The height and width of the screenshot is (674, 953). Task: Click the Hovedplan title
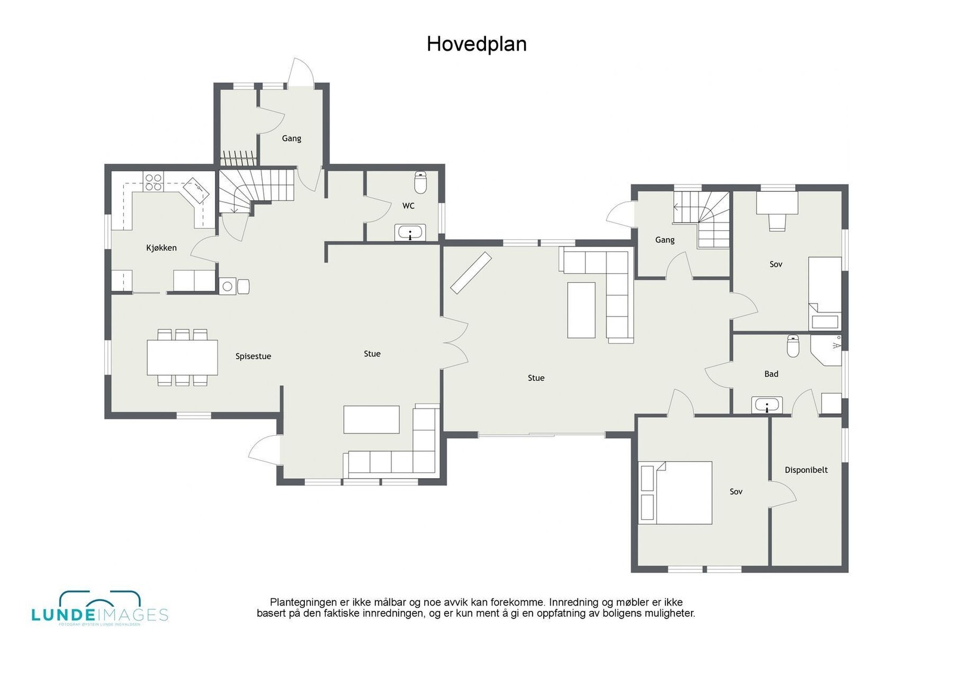(x=476, y=44)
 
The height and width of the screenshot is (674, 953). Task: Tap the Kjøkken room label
(x=161, y=248)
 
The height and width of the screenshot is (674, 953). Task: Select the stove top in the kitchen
(x=154, y=182)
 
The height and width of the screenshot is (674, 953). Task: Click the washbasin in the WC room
(x=410, y=233)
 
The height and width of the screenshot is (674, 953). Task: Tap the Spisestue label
(x=253, y=356)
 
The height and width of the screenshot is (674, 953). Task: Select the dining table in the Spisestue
(x=182, y=357)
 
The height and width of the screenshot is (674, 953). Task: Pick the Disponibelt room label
(x=806, y=470)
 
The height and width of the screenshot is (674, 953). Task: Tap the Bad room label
(x=771, y=374)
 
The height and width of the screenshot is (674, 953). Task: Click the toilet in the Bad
(x=793, y=346)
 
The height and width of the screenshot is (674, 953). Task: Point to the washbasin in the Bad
(x=767, y=405)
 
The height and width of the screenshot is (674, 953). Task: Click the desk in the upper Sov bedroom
(x=777, y=202)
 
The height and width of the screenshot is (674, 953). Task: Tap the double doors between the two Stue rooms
(x=456, y=343)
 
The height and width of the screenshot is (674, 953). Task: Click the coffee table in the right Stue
(x=581, y=310)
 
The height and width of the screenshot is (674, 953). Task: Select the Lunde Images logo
(x=99, y=609)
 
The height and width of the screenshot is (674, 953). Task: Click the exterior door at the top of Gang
(x=301, y=74)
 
